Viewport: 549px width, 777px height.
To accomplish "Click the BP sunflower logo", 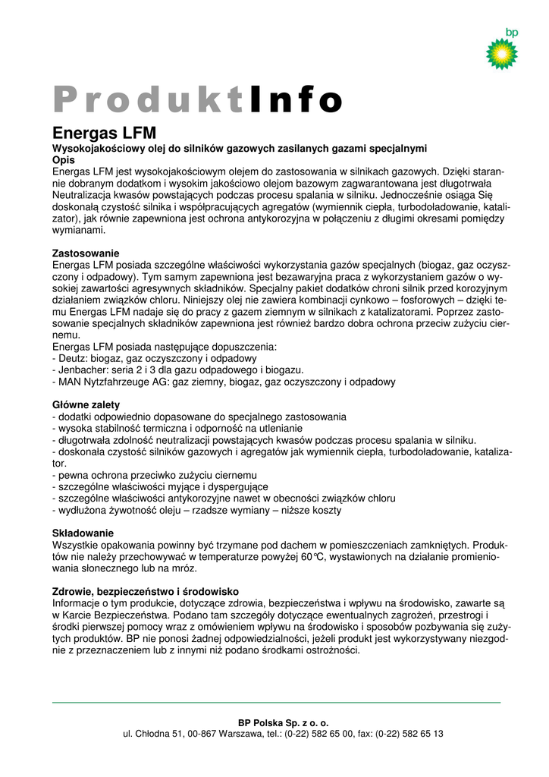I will click(501, 54).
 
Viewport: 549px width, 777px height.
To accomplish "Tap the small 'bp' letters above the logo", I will click(511, 32).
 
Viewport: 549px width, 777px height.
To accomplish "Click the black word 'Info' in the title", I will click(295, 99).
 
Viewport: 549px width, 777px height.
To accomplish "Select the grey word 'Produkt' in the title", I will click(149, 99).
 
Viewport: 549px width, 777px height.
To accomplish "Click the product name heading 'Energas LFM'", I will click(104, 134).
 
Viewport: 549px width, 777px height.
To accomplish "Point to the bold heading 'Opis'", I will click(63, 160).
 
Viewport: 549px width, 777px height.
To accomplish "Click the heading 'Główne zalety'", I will click(86, 405).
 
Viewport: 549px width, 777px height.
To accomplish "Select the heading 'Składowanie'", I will click(83, 533).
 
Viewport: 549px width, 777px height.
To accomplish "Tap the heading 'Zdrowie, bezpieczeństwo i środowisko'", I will click(145, 591).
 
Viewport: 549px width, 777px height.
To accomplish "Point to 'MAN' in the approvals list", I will click(69, 382).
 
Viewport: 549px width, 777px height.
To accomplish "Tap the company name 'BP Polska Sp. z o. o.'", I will click(283, 723).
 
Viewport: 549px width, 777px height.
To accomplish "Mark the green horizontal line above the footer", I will click(276, 703).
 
